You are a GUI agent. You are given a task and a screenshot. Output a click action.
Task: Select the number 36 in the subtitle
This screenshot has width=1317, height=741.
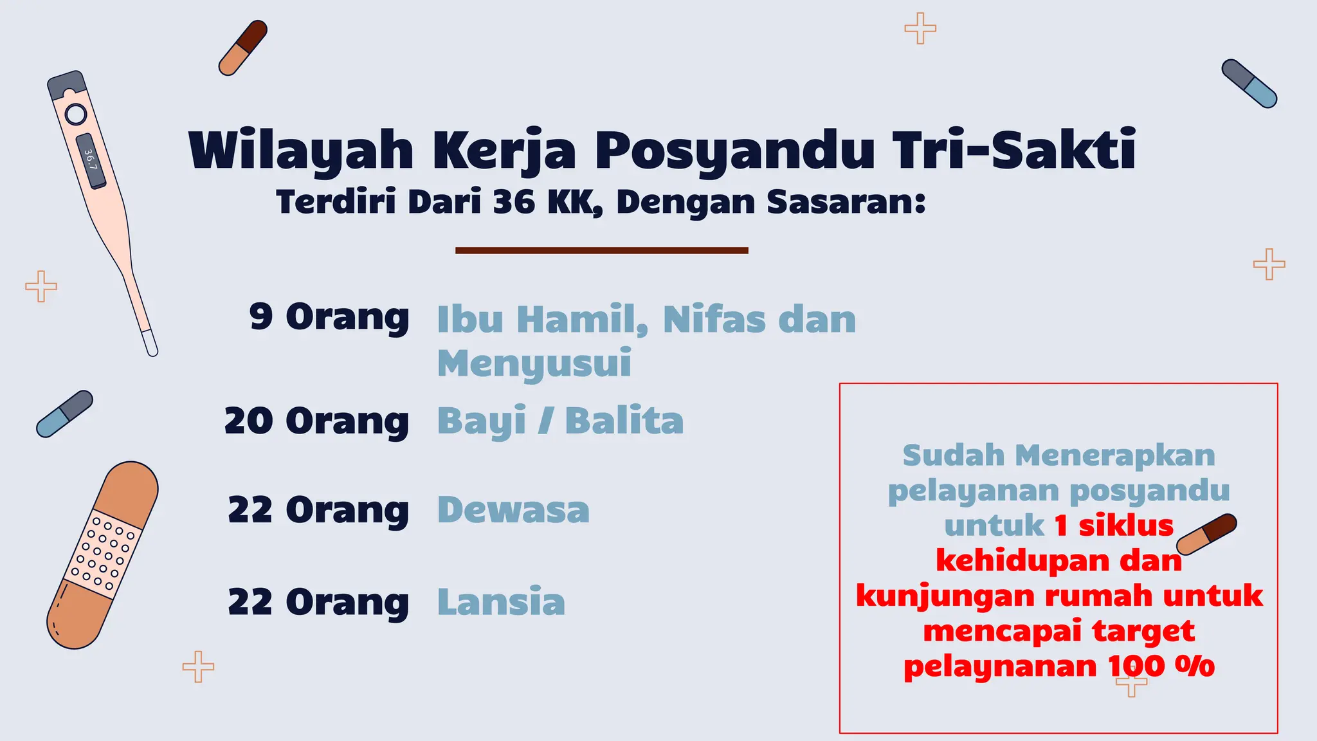click(514, 202)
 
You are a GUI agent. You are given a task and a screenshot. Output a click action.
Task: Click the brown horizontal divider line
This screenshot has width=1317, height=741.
click(601, 250)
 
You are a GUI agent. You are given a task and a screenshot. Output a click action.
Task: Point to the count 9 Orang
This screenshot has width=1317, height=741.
click(329, 317)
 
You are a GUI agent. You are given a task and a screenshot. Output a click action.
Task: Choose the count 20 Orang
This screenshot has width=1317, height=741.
click(316, 421)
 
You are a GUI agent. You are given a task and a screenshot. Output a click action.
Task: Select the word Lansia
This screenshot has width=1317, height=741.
click(501, 602)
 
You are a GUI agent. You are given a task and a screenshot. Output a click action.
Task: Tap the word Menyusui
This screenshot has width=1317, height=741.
click(534, 363)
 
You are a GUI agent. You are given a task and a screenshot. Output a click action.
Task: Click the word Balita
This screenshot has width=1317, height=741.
click(624, 421)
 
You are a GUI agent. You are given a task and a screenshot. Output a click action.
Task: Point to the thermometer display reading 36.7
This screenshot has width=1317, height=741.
click(91, 160)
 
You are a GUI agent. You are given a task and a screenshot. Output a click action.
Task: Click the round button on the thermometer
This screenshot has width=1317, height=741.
click(75, 114)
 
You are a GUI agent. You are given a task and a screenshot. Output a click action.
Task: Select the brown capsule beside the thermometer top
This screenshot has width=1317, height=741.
click(242, 48)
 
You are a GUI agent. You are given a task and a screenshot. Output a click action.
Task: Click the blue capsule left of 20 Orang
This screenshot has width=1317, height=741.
click(64, 414)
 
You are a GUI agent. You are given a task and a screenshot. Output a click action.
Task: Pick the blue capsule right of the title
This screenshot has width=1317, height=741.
click(1249, 84)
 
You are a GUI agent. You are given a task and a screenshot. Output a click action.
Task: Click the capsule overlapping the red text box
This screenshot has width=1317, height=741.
click(1207, 534)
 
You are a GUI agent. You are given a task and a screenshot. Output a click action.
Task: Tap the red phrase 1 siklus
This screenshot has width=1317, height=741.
click(1114, 526)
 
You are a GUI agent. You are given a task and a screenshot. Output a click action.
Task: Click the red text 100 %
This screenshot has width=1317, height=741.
click(1161, 666)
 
